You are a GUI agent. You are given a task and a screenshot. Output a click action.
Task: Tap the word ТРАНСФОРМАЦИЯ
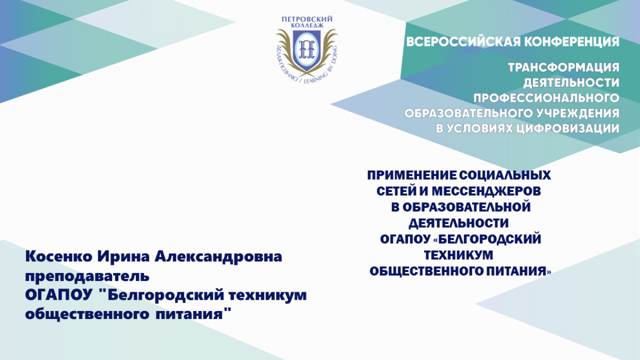point(564,68)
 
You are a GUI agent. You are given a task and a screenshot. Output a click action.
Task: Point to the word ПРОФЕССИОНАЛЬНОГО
point(546,98)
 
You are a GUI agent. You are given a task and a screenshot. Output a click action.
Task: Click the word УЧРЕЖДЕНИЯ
point(577,114)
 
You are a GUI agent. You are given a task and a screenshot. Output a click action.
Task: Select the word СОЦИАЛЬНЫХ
point(505,175)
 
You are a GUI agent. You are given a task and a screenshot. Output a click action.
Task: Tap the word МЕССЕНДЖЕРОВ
point(486,191)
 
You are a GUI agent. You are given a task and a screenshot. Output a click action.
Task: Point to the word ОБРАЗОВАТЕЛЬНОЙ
point(467,207)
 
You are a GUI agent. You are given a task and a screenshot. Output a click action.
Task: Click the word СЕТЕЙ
point(396,191)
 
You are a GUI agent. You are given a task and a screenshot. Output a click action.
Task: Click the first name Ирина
point(123,257)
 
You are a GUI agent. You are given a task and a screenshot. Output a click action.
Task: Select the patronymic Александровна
point(219,257)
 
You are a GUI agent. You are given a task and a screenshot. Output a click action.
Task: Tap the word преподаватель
point(87,276)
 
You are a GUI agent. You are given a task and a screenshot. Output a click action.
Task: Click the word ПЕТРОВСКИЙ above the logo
point(307,19)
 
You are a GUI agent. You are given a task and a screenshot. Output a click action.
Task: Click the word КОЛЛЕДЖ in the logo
point(307,25)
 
